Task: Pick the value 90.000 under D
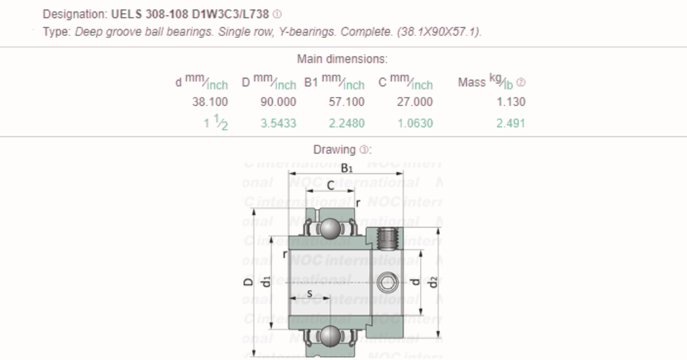(x=278, y=101)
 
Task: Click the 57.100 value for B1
(x=347, y=101)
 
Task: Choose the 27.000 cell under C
(x=415, y=101)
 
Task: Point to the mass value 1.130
(x=511, y=101)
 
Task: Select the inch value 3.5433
(x=278, y=123)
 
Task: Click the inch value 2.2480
(x=347, y=123)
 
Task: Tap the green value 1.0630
(x=415, y=123)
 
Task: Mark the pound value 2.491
(x=511, y=123)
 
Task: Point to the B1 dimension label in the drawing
(x=346, y=167)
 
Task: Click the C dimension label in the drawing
(x=330, y=186)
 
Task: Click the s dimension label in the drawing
(x=309, y=293)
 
